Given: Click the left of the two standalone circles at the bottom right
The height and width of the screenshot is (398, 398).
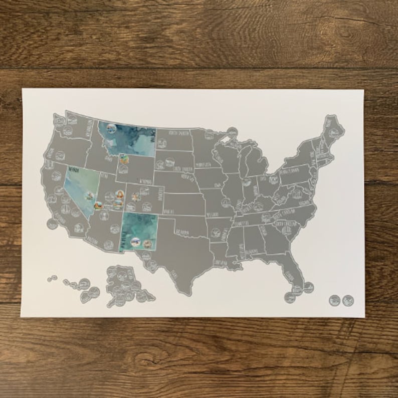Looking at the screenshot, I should tap(335, 300).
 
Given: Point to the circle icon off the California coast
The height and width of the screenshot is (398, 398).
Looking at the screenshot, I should tap(52, 224).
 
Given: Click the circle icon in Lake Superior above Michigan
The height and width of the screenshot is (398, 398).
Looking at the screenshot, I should tap(232, 133).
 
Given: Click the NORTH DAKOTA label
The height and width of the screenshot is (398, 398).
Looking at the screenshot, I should tap(180, 133).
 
